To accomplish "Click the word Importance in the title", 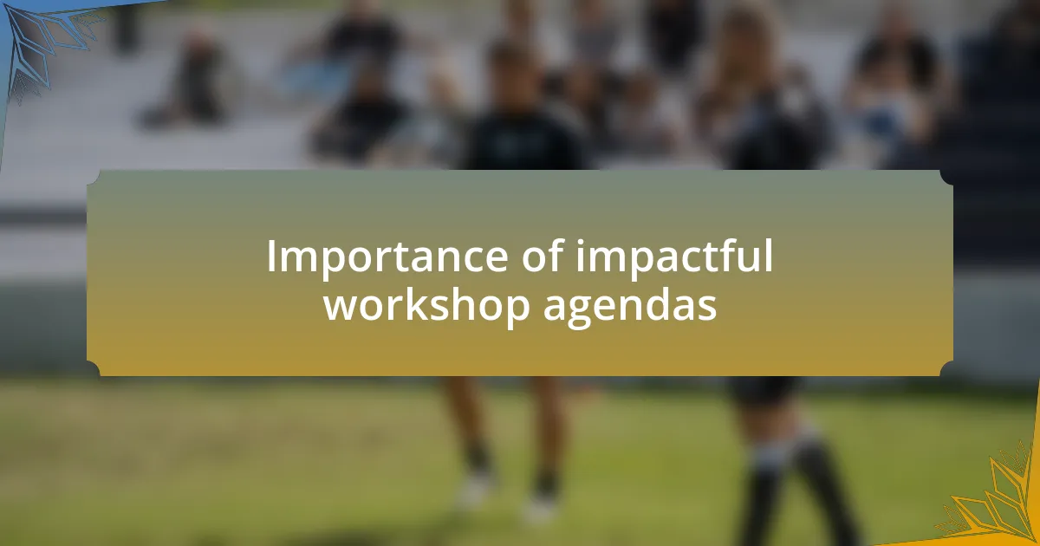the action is [387, 257].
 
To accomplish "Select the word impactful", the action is [674, 258].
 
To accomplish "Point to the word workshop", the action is [426, 304].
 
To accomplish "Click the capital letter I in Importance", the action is [270, 256].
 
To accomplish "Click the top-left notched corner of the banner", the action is [94, 178].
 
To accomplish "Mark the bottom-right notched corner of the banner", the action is [946, 368].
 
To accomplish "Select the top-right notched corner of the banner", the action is [946, 178].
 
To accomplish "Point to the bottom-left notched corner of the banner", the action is [94, 368].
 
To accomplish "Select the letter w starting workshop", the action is [341, 308].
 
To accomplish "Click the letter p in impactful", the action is [636, 264].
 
